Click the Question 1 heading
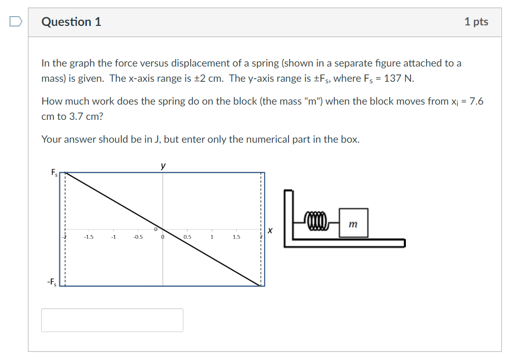pyautogui.click(x=71, y=22)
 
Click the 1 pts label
pyautogui.click(x=476, y=22)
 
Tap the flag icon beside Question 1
pyautogui.click(x=16, y=21)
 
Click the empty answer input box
pyautogui.click(x=112, y=320)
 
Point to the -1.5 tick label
pyautogui.click(x=88, y=237)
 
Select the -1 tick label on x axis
pyautogui.click(x=113, y=237)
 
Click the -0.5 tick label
pyautogui.click(x=138, y=237)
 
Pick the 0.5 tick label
pyautogui.click(x=187, y=237)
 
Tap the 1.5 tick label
pyautogui.click(x=236, y=237)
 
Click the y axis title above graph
pyautogui.click(x=163, y=166)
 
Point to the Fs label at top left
pyautogui.click(x=54, y=173)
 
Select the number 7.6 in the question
pyautogui.click(x=476, y=101)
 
